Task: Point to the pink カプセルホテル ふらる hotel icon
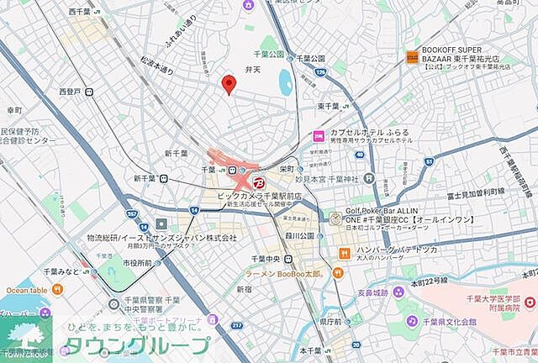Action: click(319, 136)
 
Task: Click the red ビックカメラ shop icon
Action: click(258, 182)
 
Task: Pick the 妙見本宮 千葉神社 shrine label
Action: click(326, 179)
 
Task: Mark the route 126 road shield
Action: click(320, 72)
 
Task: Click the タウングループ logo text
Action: click(139, 345)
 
